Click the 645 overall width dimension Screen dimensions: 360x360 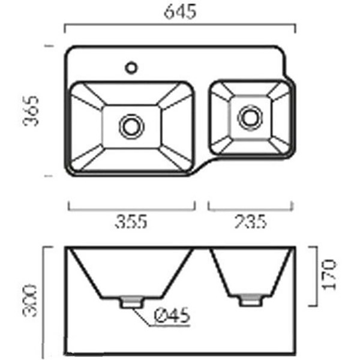point(180,11)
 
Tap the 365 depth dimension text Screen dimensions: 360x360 point(31,111)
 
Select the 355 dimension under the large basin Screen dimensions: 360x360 point(131,221)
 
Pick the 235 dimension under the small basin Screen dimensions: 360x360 point(250,221)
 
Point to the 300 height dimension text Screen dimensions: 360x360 point(30,301)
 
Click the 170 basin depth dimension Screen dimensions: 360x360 point(329,275)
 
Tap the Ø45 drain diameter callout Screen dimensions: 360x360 point(172,315)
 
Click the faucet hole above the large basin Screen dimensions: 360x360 point(131,68)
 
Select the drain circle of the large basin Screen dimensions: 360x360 point(131,127)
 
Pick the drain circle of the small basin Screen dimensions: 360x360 point(250,118)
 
